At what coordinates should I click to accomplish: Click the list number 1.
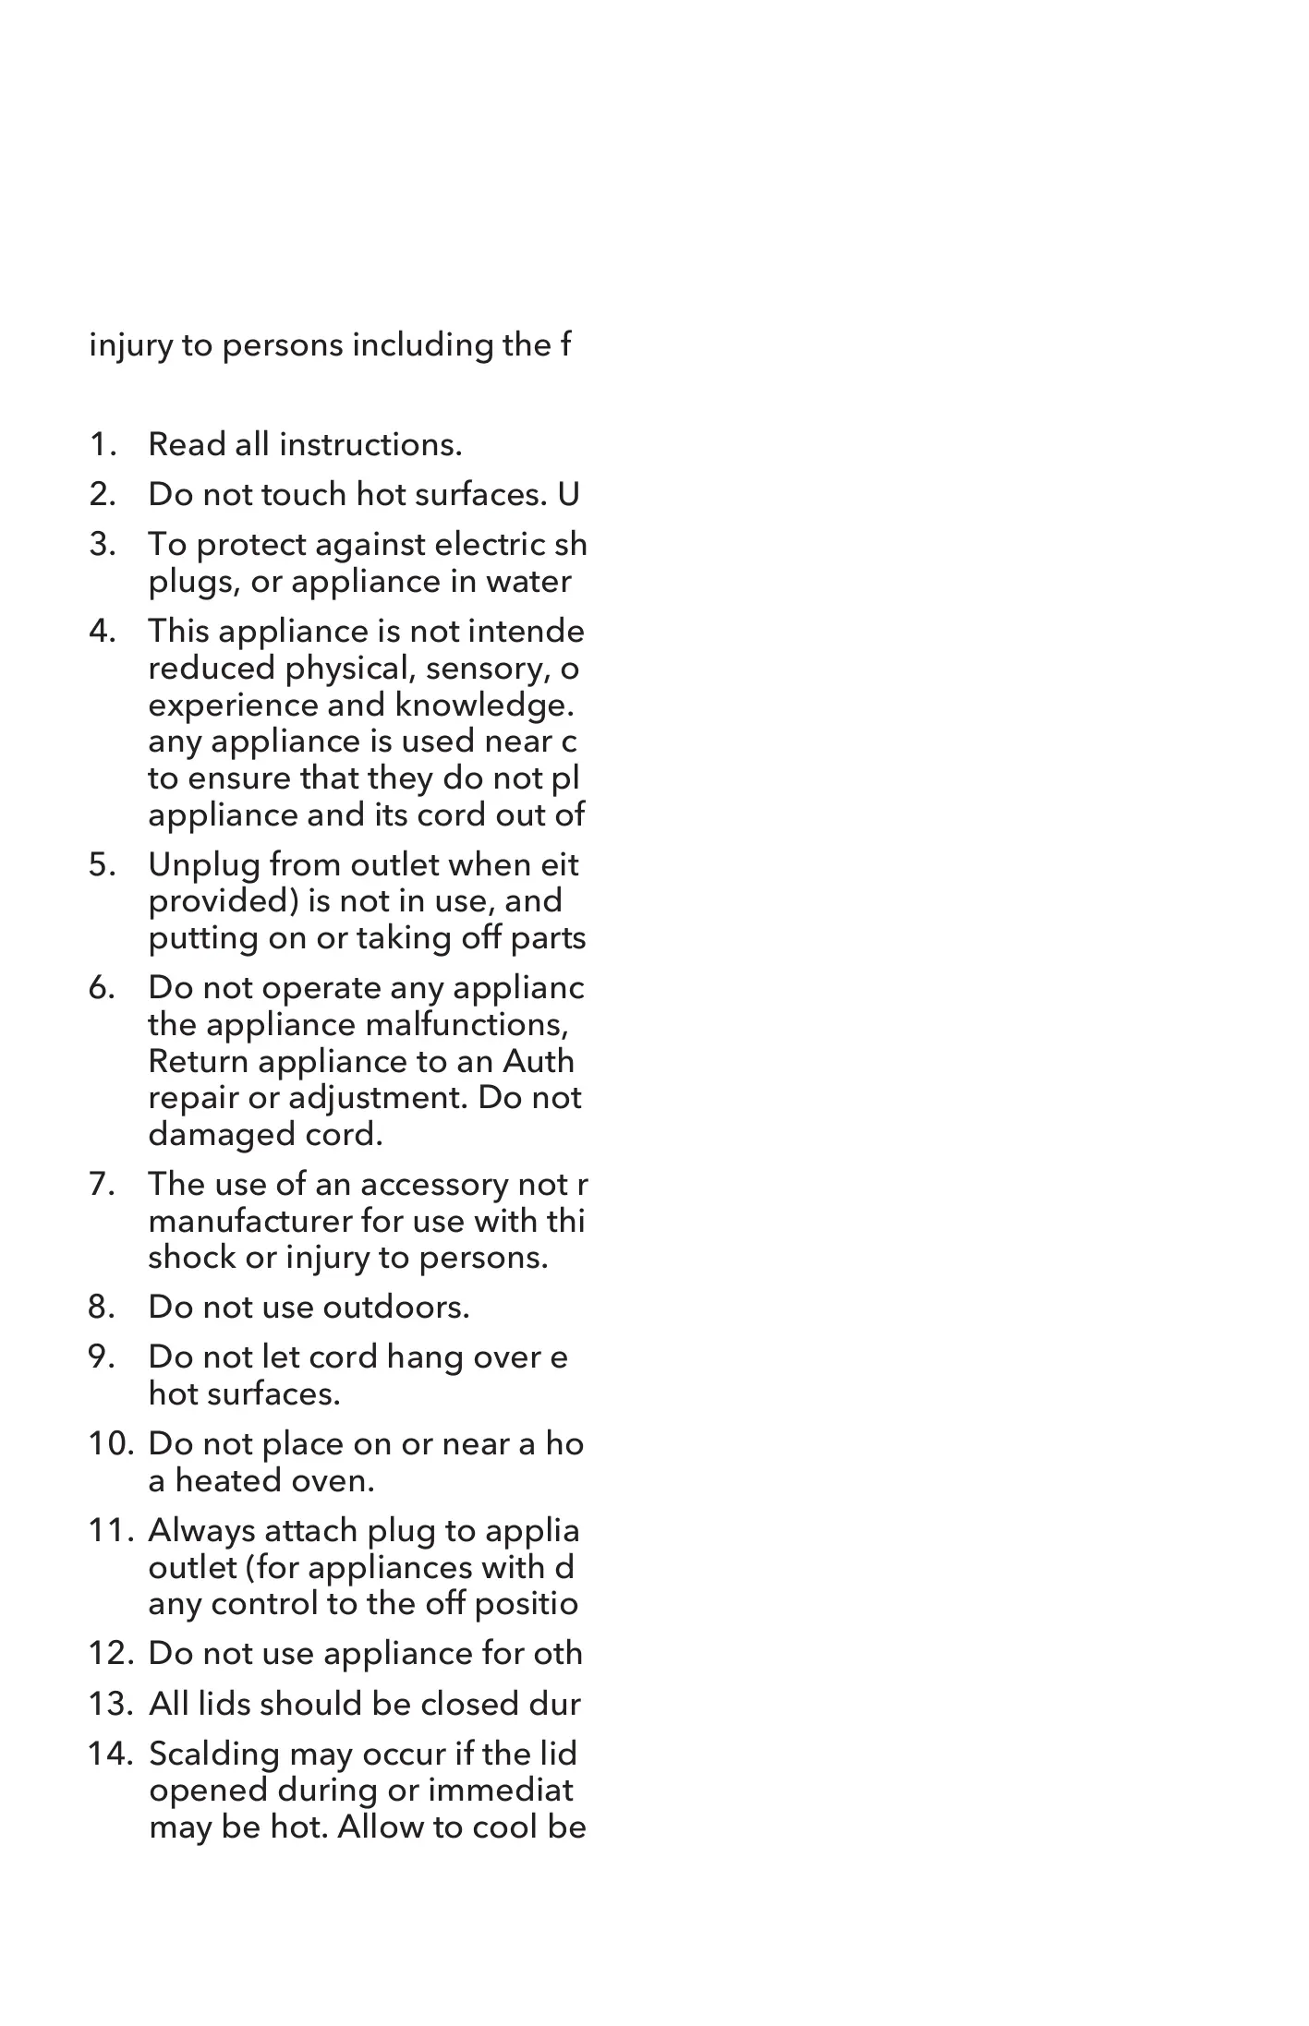point(102,445)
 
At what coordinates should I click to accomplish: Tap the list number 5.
point(102,865)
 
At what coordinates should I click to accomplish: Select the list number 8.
point(102,1308)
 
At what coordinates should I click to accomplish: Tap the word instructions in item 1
point(370,445)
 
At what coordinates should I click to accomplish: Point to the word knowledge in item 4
point(493,705)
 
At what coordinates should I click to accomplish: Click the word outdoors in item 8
point(396,1308)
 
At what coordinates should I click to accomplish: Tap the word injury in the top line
point(130,346)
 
